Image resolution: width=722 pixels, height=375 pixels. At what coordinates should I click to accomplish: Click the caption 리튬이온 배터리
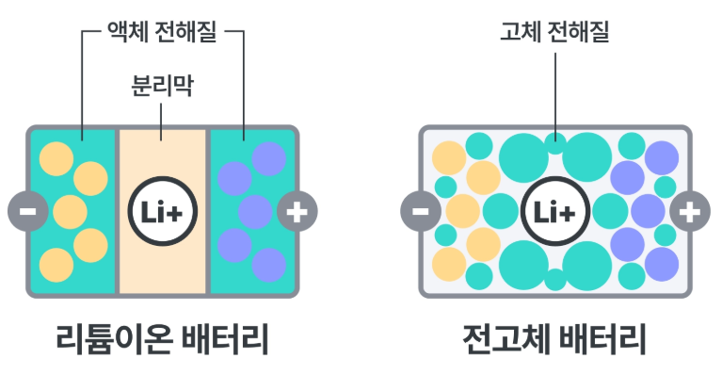162,337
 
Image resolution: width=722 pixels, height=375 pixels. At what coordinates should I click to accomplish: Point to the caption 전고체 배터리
554,337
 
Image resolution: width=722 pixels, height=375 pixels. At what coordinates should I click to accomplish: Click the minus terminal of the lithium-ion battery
26,211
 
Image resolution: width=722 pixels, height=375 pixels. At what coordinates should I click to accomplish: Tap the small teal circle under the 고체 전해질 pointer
554,143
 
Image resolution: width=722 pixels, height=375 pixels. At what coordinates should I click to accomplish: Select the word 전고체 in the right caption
504,337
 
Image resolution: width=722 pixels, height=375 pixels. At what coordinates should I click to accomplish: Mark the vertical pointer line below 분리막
162,121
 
